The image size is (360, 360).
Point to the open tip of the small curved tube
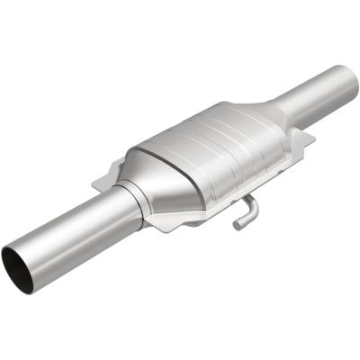pos(237,226)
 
